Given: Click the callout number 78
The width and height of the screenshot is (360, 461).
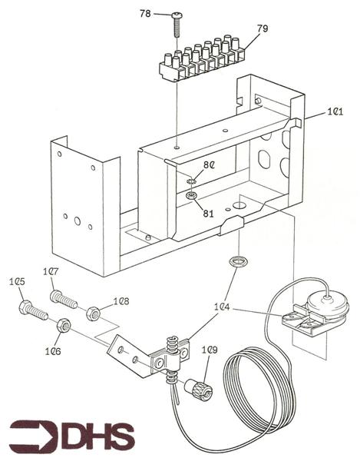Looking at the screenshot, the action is (145, 14).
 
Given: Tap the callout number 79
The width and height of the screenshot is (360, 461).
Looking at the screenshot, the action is (263, 28).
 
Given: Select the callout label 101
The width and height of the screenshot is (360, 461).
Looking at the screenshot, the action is (335, 111).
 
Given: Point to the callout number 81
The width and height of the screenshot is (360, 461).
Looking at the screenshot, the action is (208, 214).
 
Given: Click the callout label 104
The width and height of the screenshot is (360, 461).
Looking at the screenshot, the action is (222, 307).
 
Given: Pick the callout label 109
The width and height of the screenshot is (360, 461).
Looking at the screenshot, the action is (210, 350).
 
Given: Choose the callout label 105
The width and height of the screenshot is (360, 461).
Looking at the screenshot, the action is (17, 282).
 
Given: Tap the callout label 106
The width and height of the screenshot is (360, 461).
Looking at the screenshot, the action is (53, 351).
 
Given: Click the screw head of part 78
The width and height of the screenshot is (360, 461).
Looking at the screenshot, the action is (177, 15).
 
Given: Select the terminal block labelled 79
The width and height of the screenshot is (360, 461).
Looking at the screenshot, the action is (203, 58).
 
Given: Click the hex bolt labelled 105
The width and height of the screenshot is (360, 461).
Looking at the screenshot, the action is (33, 310).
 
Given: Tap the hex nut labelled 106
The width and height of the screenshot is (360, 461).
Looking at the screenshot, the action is (64, 326).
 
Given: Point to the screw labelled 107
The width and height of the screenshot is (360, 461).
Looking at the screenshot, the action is (64, 300).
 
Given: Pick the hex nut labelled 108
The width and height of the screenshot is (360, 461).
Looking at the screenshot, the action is (93, 313).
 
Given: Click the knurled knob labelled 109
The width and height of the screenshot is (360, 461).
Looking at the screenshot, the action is (199, 388).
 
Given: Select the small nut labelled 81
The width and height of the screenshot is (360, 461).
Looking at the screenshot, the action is (191, 194).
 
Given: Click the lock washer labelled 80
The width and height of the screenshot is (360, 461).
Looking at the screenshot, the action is (190, 181).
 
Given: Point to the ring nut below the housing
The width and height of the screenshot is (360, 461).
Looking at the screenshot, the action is (238, 262).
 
